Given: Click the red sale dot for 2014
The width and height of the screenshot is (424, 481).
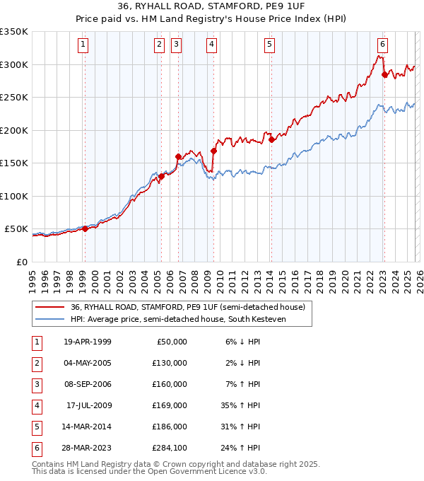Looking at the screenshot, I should click(x=271, y=140).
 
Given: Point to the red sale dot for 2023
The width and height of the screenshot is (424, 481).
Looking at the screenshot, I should click(x=384, y=74).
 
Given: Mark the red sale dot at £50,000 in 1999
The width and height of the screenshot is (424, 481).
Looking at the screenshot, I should click(x=85, y=228).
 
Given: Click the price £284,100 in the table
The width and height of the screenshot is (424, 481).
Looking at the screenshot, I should click(x=170, y=448).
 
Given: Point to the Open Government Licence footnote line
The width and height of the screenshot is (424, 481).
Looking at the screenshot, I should click(x=149, y=471).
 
